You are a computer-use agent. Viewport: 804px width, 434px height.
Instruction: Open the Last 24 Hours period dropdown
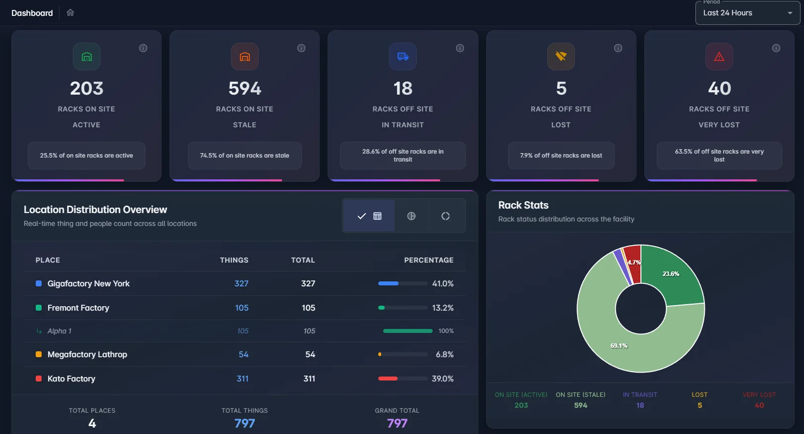[x=747, y=13]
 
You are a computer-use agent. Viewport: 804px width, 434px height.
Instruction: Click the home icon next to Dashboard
[x=70, y=13]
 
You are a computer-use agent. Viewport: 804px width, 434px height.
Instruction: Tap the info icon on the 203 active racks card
[x=143, y=48]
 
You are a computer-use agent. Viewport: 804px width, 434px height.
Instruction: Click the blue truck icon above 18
[x=402, y=56]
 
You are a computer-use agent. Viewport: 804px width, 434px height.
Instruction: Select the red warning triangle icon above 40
[x=719, y=56]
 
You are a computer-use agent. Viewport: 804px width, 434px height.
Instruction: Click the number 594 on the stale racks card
[x=244, y=89]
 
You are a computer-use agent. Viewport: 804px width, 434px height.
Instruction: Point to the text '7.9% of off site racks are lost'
[x=561, y=156]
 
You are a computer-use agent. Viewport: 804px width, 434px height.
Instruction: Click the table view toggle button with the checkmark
[x=369, y=216]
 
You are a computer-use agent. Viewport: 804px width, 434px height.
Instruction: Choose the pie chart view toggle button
[x=411, y=216]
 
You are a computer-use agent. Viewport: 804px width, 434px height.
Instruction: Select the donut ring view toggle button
[x=446, y=216]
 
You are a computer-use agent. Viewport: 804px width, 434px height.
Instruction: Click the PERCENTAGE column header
[x=428, y=260]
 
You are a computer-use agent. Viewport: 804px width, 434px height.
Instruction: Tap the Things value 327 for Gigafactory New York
[x=241, y=283]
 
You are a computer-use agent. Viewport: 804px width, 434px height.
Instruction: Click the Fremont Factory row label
[x=78, y=308]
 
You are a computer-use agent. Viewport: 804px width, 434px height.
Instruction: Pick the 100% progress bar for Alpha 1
[x=407, y=331]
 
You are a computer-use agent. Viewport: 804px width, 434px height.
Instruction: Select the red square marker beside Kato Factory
[x=39, y=379]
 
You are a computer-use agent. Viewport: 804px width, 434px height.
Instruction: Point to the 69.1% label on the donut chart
[x=619, y=346]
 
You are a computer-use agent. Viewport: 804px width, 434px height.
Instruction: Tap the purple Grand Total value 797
[x=397, y=423]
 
